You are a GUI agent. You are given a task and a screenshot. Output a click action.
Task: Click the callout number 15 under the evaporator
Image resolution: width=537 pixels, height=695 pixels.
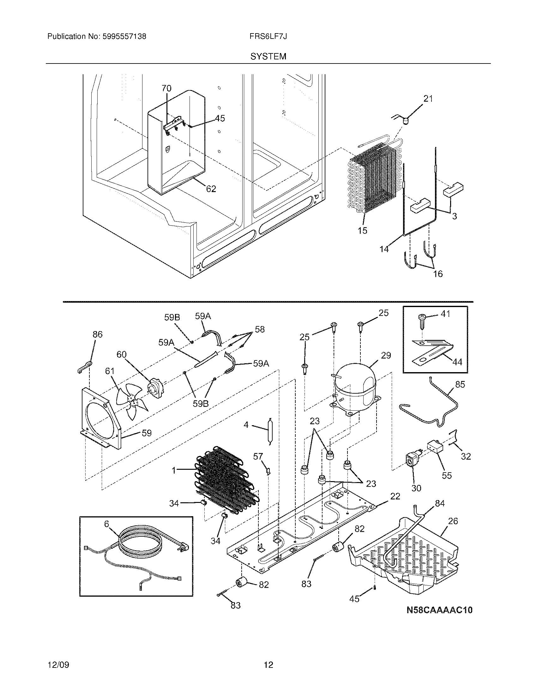(362, 230)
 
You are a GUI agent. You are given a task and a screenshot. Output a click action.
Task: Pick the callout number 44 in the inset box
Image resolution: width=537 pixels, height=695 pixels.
(457, 362)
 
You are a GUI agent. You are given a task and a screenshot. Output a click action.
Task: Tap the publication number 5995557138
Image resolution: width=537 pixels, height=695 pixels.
(124, 37)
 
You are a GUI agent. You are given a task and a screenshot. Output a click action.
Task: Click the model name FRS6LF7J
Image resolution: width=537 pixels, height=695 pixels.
(268, 37)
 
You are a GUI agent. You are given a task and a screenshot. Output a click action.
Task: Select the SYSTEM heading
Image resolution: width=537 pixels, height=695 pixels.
(268, 57)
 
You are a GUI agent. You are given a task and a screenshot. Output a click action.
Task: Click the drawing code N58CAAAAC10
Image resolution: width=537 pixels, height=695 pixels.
(439, 610)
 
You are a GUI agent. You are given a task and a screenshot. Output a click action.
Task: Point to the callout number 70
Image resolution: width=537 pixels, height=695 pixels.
(166, 88)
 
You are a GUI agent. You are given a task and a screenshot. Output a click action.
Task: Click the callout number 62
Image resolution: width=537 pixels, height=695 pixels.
(211, 189)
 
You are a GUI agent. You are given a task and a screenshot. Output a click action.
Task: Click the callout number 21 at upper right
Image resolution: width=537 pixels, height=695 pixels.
(428, 99)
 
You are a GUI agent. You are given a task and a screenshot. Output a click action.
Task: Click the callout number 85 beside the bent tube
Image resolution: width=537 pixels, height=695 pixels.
(460, 384)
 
